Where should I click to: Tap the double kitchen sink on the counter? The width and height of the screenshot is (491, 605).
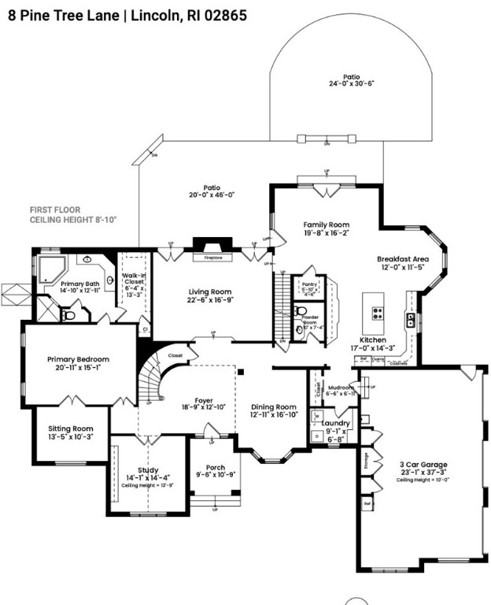410,320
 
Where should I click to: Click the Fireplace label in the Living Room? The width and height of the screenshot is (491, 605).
209,257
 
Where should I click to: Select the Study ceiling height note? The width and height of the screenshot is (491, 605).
147,486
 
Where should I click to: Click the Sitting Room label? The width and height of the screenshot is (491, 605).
76,429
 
